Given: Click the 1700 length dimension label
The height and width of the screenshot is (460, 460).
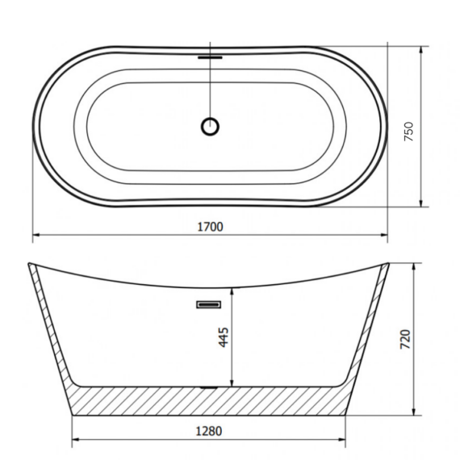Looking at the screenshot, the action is point(211,227).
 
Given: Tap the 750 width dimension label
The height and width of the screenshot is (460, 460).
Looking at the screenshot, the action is point(408,132).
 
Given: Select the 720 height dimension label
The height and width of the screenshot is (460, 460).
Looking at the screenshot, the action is point(405,339).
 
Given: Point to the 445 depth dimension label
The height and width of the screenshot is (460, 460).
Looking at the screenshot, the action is point(224,337).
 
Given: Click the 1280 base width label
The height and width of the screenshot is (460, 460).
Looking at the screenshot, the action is point(209,431).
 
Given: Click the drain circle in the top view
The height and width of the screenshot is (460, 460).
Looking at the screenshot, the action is point(210,127).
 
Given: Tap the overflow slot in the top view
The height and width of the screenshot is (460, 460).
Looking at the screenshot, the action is point(210,57).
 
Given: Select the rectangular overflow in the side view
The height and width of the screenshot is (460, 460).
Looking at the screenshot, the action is point(208,305).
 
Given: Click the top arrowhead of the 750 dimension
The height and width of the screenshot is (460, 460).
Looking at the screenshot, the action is point(421,50).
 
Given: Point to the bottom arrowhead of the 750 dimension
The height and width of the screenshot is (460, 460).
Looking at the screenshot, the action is point(421,203).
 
